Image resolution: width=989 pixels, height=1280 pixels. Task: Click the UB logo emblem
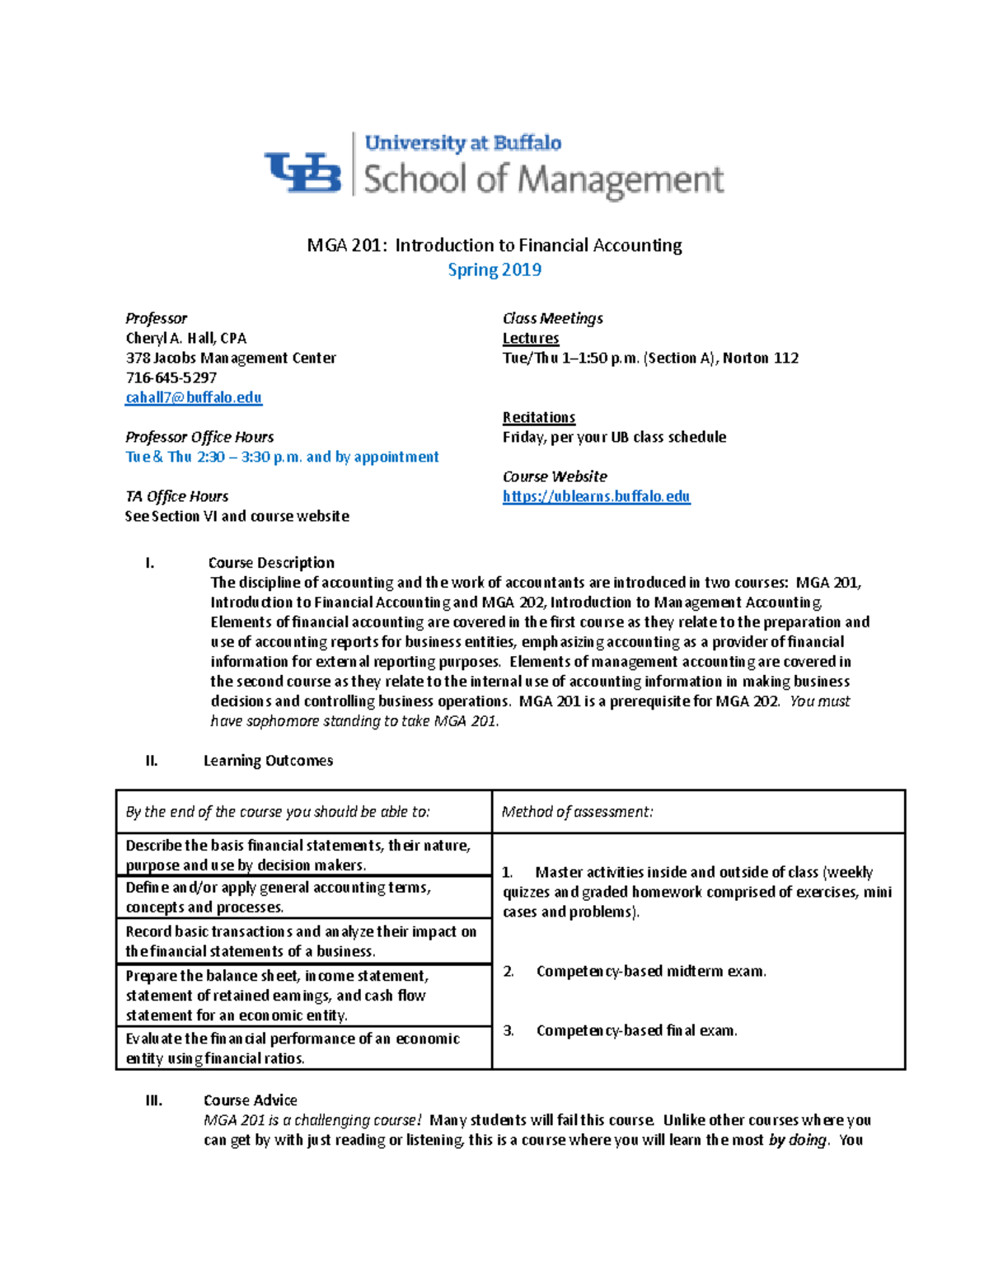point(302,172)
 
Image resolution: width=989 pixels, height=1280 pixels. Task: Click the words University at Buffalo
point(462,143)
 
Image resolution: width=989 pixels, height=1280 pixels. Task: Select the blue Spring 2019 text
point(494,270)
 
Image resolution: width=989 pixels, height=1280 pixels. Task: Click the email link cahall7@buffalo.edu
point(194,397)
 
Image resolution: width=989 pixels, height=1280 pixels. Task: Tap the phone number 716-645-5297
point(171,377)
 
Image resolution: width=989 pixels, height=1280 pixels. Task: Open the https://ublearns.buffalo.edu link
point(596,496)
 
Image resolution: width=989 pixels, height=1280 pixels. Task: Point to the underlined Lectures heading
point(531,338)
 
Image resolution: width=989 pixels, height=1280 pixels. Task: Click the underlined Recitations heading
point(539,417)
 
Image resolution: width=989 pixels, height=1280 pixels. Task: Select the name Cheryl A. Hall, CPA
point(185,338)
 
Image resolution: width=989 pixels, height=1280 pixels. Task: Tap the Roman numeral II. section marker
point(151,761)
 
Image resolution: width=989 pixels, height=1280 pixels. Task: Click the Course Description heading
point(271,563)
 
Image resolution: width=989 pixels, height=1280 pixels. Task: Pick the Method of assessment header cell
point(577,812)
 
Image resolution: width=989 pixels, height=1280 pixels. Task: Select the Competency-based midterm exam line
point(650,971)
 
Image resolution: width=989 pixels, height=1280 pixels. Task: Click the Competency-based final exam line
point(635,1030)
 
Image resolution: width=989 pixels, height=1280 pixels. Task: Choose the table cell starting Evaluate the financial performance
point(293,1048)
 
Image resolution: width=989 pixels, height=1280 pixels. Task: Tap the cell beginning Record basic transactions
point(301,941)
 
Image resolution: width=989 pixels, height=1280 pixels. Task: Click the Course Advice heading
point(250,1100)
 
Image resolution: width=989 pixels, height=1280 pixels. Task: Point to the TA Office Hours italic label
point(176,496)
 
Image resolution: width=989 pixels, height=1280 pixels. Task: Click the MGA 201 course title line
point(494,245)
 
